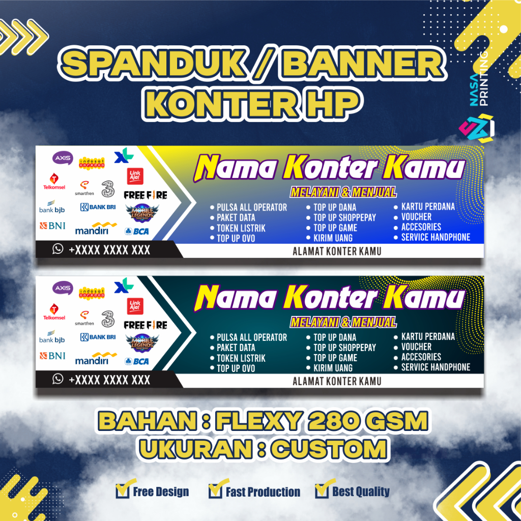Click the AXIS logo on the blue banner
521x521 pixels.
tap(63, 158)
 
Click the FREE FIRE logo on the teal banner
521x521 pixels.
tap(146, 325)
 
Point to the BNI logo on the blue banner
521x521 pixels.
tap(52, 225)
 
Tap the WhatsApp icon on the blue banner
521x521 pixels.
tap(58, 249)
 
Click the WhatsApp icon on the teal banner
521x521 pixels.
tap(58, 379)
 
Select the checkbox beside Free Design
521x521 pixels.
tap(122, 490)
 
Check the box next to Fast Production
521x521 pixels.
tap(215, 490)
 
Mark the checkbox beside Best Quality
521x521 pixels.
tap(322, 490)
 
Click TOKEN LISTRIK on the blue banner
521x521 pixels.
tap(241, 228)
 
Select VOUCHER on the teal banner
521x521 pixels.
tap(416, 346)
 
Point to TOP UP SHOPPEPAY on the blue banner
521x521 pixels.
tap(344, 217)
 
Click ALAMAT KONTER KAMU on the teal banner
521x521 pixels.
tap(337, 381)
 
